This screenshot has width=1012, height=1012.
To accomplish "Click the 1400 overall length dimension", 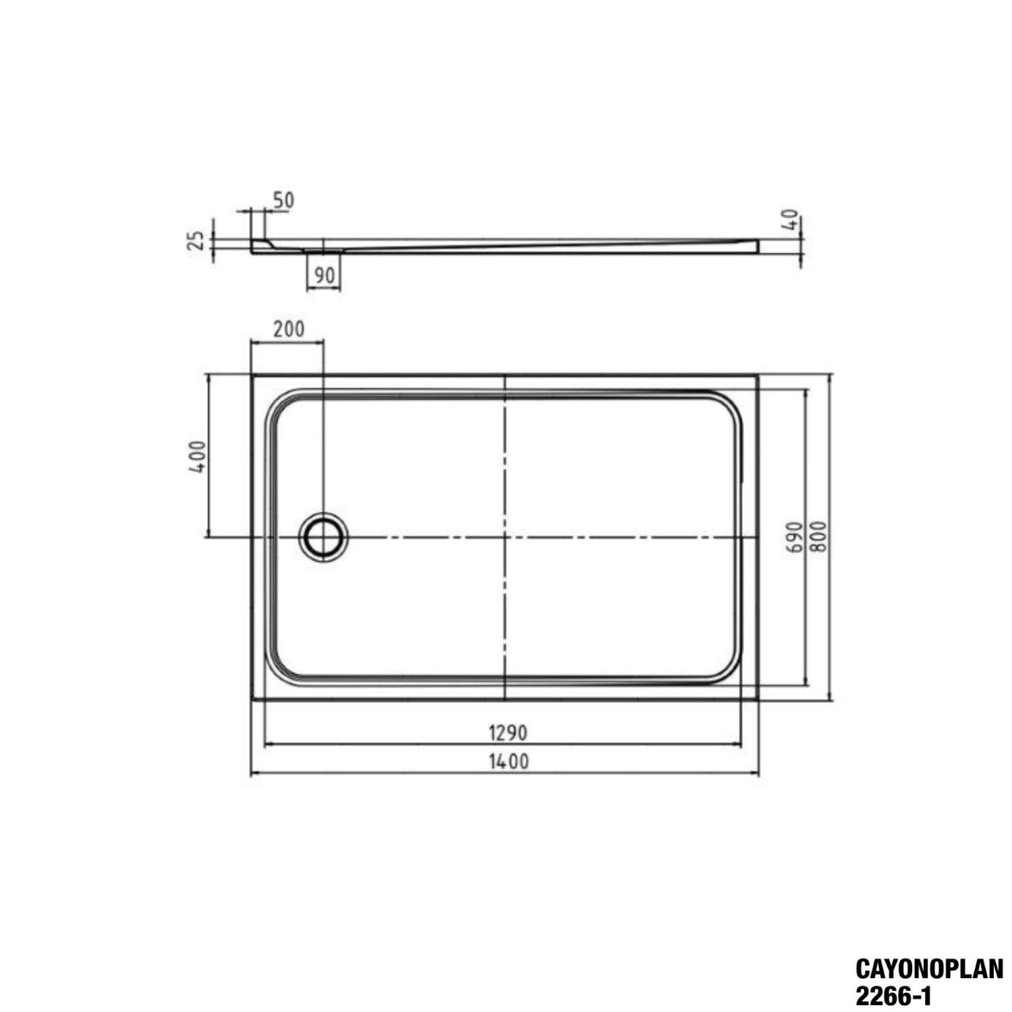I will coord(509,762).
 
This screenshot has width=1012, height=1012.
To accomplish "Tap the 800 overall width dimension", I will coord(818,537).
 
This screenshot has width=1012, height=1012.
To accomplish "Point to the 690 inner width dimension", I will coord(794,537).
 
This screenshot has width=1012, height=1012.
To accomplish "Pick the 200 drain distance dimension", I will coord(288,329).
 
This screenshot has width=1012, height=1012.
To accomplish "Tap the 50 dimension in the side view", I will coord(283,200).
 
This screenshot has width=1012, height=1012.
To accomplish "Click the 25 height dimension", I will coord(195,241).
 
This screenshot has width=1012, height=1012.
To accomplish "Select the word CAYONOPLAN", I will coord(929,969).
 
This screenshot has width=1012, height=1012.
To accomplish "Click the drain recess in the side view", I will coord(324,250).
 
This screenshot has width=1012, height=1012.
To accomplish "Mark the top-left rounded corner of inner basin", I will coord(279,403).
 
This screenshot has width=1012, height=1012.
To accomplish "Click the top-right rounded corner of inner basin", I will coord(730,403).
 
